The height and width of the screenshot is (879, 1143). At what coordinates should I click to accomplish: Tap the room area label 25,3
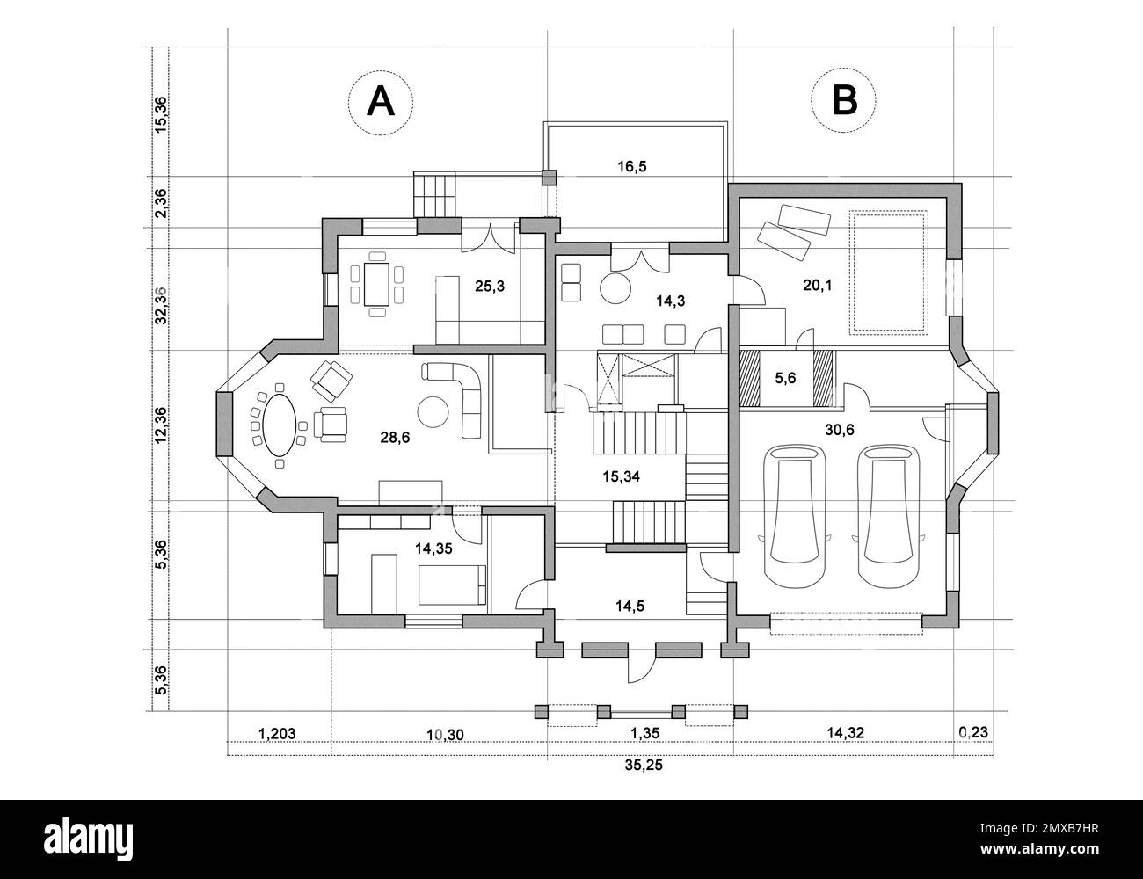pos(490,286)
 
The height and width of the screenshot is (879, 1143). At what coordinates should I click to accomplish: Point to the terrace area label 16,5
pos(631,166)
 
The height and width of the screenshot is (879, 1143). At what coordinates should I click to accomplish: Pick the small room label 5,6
pos(786,379)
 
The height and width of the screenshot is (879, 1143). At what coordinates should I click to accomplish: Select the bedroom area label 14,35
pos(435,548)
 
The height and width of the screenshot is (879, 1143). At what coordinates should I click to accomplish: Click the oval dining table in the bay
pos(280,425)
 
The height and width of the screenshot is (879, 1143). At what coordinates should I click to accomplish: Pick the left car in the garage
pos(794,515)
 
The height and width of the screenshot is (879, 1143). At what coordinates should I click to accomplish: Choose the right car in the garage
pos(888,515)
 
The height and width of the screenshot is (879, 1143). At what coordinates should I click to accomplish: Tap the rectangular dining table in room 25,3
pos(377,283)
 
